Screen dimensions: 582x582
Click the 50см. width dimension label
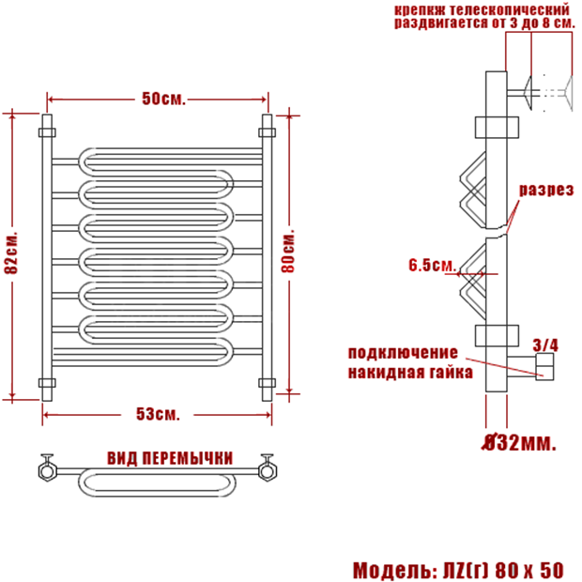point(163,99)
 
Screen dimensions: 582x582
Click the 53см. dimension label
point(158,414)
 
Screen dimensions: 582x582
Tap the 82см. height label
point(11,253)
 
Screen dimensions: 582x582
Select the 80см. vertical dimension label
point(287,251)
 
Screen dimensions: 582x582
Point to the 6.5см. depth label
point(432,265)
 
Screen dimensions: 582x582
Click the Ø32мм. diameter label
point(519,442)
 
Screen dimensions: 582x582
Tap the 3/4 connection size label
point(545,345)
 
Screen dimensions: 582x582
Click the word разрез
point(545,190)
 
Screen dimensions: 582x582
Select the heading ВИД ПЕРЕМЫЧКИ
point(170,458)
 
